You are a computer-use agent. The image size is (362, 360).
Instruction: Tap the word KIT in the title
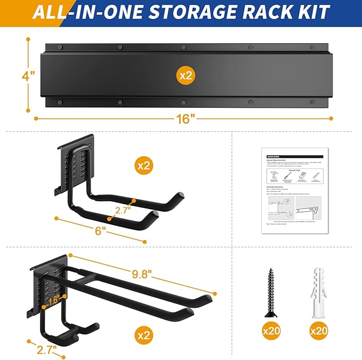(x=311, y=11)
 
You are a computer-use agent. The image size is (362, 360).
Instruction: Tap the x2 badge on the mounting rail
(x=185, y=76)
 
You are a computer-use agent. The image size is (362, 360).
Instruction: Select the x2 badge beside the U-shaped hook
(x=143, y=166)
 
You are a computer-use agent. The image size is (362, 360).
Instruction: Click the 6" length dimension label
(x=100, y=230)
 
